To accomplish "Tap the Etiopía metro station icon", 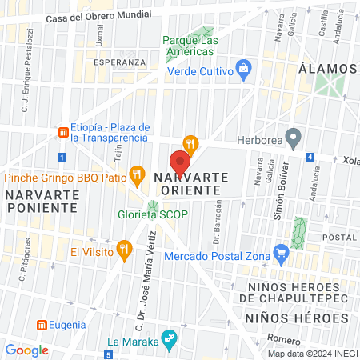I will coord(62,131).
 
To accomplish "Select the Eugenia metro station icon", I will coord(42,325).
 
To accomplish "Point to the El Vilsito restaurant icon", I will coord(123,250).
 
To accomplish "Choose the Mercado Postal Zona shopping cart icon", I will coord(281,256).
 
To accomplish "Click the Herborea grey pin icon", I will coord(294,139).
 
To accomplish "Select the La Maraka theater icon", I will coord(167,338).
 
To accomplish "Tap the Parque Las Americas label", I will coord(189,45).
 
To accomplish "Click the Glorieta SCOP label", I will coord(150,214).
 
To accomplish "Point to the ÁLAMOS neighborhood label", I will coord(327,69).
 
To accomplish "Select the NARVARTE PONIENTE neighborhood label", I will coord(42,201).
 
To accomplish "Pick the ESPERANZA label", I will coord(119,62).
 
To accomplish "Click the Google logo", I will coord(26,350).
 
